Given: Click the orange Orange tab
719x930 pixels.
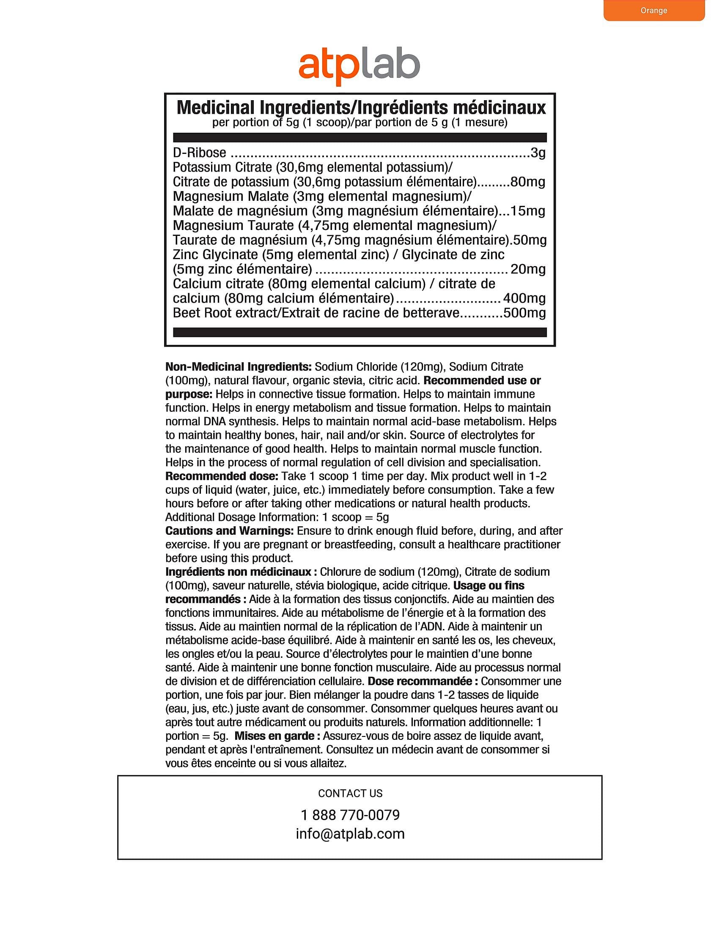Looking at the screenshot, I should pos(653,11).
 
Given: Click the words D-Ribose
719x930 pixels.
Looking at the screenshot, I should pos(199,153).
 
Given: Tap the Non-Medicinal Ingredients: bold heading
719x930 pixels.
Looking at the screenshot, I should pos(239,367).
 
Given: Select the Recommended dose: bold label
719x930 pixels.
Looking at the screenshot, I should pos(222,476).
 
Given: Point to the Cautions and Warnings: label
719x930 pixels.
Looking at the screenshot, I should pos(229,531).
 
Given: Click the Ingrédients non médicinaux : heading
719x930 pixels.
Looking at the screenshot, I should pos(241,572).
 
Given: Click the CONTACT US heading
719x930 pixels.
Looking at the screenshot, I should pos(350,793).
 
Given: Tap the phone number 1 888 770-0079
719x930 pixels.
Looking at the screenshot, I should pos(350,815).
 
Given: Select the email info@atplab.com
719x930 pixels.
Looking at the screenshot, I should pos(350,834).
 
